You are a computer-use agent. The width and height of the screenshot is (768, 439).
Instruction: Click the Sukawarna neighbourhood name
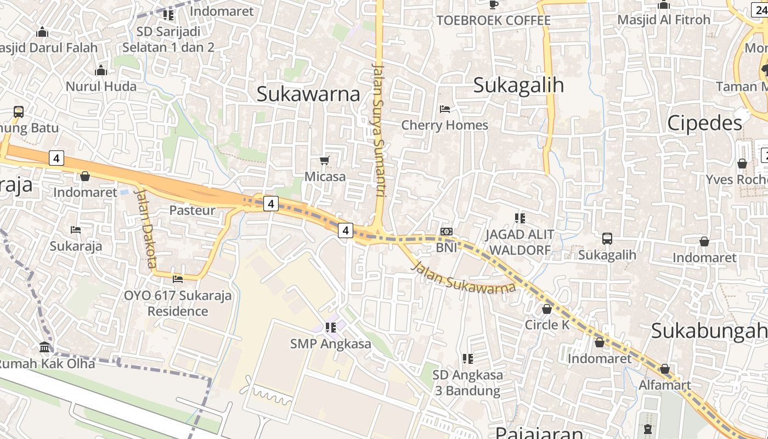(308, 94)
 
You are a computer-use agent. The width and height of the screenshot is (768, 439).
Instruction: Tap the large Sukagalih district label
(518, 85)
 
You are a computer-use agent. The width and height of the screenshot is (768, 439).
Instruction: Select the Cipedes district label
(704, 123)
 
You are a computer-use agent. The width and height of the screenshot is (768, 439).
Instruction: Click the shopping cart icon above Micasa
(325, 161)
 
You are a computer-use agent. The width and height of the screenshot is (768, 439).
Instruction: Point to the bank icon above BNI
(447, 232)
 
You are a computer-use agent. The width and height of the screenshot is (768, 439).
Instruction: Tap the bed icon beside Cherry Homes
(445, 109)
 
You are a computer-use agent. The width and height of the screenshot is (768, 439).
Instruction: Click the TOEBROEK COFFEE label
(493, 21)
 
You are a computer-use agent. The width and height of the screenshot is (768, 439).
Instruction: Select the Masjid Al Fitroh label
(664, 20)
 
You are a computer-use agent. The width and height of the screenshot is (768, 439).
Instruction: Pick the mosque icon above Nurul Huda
(100, 70)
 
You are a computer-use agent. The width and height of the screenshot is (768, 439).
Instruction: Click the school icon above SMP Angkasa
(330, 328)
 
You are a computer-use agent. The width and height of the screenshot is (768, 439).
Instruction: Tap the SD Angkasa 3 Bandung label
(467, 383)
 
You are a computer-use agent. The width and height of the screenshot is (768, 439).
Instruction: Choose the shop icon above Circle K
(546, 309)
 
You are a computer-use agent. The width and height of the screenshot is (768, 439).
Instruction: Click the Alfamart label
(665, 385)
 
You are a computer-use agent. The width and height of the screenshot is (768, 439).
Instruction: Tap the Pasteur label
(192, 210)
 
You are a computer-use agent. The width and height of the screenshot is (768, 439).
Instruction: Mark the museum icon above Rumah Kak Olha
(44, 347)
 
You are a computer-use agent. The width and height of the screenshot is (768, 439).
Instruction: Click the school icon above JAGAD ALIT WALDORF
(519, 218)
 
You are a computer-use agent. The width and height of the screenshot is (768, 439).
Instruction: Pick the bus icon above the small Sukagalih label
(607, 239)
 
